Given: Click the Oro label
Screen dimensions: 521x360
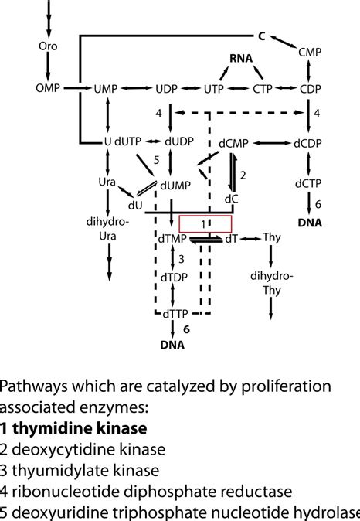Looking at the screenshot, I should point(48,46).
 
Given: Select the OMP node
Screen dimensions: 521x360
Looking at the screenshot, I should point(49,89).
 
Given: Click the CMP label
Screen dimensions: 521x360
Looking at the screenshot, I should point(309,53).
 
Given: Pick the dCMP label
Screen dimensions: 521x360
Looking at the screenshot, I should point(233,143).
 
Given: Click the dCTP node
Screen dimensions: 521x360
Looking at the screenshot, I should point(308,183).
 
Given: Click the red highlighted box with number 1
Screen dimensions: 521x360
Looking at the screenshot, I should point(205,223).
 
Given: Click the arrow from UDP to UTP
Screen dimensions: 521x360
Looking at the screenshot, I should point(192,89).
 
